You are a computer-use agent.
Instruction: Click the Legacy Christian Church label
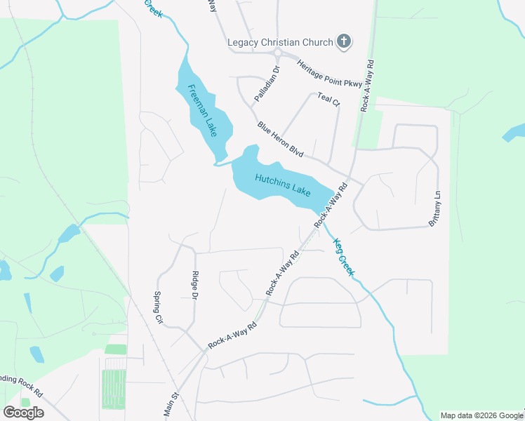279,42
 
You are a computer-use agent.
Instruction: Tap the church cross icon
344,41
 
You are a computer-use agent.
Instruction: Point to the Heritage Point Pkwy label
329,74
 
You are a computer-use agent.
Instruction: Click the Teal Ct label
328,99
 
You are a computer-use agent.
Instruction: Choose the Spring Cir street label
159,307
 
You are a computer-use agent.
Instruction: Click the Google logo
23,413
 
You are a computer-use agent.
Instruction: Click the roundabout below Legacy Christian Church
279,55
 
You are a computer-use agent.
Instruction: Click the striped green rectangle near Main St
113,388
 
